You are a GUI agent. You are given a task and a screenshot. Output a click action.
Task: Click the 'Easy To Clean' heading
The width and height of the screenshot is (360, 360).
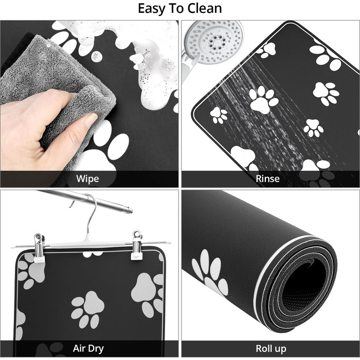(180, 9)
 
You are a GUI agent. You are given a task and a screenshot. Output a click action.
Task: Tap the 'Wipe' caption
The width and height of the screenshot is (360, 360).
(88, 178)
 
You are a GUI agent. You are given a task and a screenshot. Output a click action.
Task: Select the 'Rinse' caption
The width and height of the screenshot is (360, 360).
(268, 178)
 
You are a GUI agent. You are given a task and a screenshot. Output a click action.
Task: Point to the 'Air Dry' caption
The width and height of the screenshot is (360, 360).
(88, 349)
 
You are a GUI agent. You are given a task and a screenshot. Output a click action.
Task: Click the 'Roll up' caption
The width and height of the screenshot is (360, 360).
(271, 349)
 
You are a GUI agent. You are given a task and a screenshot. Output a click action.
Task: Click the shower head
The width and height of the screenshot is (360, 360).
(214, 41)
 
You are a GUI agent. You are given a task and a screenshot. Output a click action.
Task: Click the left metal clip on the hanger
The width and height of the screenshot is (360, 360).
(39, 248)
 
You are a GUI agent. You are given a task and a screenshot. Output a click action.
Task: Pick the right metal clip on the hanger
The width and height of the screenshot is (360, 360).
(137, 245)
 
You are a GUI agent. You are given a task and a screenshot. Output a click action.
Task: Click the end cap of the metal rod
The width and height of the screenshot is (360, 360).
(130, 210)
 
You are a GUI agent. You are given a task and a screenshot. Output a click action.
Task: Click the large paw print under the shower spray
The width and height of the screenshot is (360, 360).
(263, 100)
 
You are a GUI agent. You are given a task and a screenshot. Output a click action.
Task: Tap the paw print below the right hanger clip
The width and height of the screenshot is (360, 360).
(148, 294)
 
